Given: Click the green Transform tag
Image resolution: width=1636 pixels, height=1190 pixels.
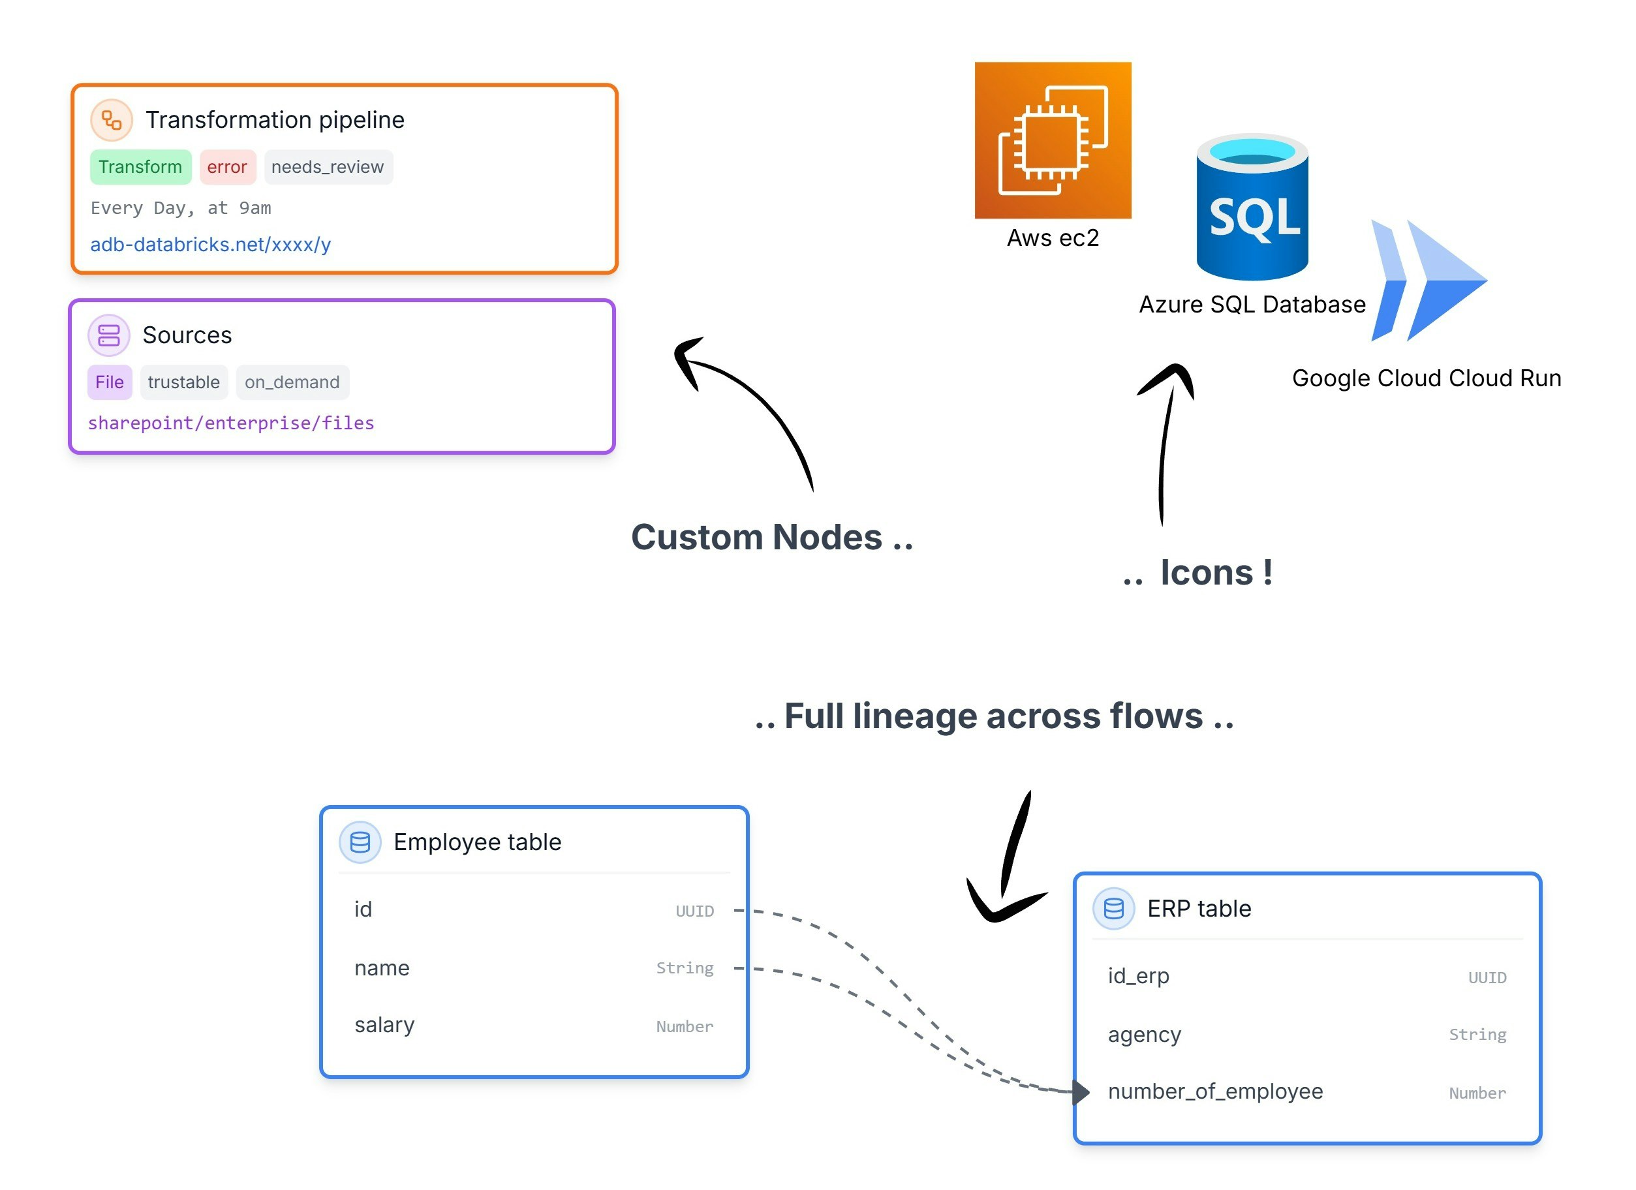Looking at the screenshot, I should pyautogui.click(x=141, y=167).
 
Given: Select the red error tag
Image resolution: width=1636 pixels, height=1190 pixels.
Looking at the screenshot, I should pyautogui.click(x=227, y=167).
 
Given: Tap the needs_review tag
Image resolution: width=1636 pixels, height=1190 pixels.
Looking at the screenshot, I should pyautogui.click(x=328, y=167).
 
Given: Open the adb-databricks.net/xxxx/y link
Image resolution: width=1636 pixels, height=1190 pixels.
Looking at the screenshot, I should pyautogui.click(x=211, y=245).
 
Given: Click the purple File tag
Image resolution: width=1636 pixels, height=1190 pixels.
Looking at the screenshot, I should pyautogui.click(x=110, y=383).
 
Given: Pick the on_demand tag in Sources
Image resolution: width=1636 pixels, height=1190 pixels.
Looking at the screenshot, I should pyautogui.click(x=292, y=383).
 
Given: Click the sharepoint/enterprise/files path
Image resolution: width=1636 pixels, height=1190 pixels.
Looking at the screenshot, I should pyautogui.click(x=232, y=424).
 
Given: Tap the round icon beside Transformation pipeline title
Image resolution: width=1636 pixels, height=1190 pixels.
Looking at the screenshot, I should pyautogui.click(x=112, y=120).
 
